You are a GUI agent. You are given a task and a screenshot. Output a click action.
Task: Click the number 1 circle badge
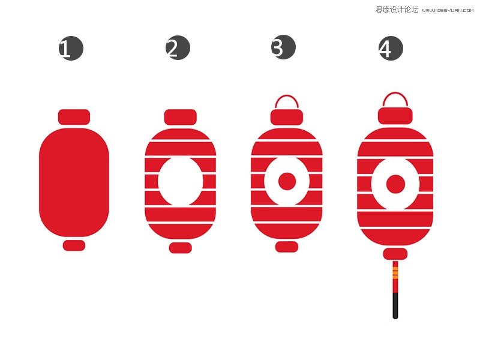71,49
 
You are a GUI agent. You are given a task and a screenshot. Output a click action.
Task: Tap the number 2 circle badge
178,47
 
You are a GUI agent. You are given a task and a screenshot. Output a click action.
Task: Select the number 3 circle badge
283,47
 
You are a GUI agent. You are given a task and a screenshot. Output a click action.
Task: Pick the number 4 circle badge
391,48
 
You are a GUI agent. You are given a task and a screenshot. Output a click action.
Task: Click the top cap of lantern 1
74,117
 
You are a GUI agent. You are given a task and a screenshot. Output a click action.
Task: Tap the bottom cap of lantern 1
74,245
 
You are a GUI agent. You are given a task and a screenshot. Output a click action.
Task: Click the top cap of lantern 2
181,117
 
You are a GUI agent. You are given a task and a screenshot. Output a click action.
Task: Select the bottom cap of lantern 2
181,248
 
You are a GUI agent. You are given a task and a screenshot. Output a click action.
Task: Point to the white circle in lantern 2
181,181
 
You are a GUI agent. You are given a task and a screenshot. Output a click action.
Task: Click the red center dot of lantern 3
287,181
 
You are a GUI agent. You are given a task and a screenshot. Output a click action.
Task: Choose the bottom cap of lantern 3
287,247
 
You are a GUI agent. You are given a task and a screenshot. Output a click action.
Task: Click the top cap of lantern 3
287,117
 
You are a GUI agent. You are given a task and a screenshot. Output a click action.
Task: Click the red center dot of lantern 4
395,184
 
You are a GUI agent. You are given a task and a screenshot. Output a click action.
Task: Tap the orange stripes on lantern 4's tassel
395,272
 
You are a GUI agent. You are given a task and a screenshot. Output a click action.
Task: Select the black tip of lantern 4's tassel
395,306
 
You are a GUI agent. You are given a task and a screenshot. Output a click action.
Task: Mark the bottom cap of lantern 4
395,254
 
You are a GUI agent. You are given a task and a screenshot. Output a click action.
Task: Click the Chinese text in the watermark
397,10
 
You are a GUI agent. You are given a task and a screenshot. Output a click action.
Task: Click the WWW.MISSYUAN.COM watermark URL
448,10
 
